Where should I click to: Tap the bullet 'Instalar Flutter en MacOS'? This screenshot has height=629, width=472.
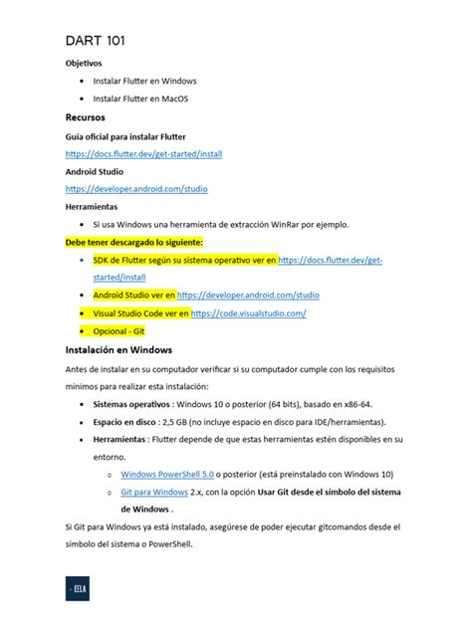[139, 99]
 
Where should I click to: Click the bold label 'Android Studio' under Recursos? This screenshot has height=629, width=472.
[95, 171]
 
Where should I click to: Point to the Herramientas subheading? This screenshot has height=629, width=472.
[92, 206]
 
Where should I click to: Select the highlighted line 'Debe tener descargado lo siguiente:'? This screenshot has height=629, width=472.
[133, 242]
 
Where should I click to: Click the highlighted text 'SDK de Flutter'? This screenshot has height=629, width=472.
[125, 260]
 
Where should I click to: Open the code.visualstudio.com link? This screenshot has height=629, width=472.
[247, 313]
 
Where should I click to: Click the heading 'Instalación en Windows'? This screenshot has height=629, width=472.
[118, 350]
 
